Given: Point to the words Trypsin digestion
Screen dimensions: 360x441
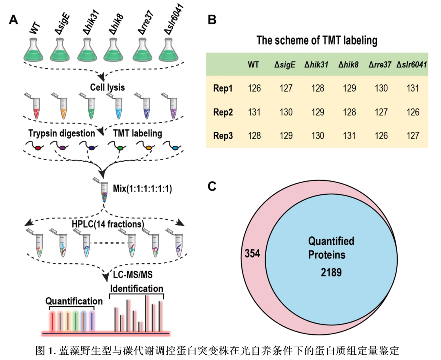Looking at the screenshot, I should (62, 133).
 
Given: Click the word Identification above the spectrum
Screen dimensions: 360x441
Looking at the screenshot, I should (137, 289).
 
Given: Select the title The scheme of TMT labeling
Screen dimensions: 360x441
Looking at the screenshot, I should (316, 41).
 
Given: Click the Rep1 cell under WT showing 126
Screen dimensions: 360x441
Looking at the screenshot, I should (254, 88).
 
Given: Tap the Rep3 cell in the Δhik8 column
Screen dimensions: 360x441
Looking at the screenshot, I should (350, 136).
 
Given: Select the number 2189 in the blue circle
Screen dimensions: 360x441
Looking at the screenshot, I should (331, 272).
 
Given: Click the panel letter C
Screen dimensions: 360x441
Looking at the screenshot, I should (212, 186).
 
